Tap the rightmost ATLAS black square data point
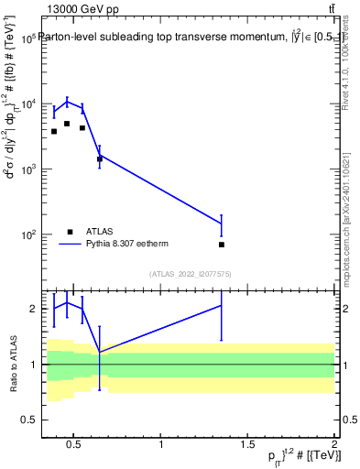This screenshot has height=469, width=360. pyautogui.click(x=222, y=245)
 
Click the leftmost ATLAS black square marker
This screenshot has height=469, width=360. pyautogui.click(x=54, y=132)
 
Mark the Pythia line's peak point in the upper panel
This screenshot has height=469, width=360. pyautogui.click(x=67, y=101)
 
